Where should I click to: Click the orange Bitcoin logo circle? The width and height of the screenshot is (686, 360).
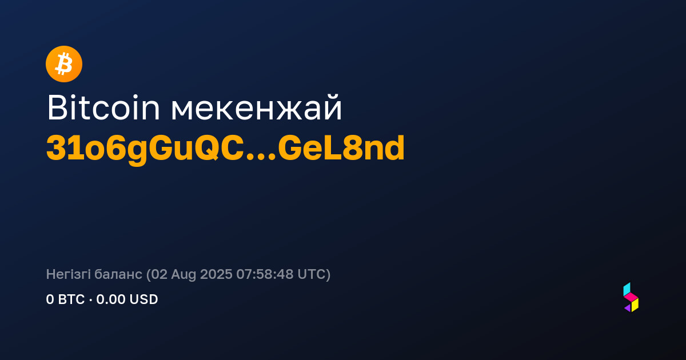[64, 64]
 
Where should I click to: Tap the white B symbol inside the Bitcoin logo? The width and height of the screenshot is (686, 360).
[63, 64]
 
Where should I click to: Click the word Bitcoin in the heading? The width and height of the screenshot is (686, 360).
[103, 107]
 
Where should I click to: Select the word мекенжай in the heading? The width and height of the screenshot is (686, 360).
[256, 107]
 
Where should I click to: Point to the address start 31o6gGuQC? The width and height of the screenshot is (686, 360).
[145, 149]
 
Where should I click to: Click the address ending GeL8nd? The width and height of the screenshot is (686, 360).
[341, 149]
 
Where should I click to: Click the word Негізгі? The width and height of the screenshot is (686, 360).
[68, 274]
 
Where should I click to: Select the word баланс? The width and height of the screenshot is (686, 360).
[118, 274]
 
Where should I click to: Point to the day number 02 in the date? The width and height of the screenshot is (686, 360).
[159, 274]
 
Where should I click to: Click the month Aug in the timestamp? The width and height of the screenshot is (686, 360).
[184, 275]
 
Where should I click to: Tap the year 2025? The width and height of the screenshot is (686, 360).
[216, 274]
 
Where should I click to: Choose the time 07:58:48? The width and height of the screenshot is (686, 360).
[265, 274]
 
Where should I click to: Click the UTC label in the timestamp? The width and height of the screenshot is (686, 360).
[311, 274]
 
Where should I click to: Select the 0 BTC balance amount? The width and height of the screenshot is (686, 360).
[65, 299]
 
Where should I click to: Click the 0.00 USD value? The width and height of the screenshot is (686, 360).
[127, 299]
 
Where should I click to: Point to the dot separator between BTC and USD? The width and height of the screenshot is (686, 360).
[90, 299]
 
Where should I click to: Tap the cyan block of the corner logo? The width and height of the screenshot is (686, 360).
[627, 289]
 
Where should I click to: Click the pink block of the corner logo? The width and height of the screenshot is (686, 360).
[631, 297]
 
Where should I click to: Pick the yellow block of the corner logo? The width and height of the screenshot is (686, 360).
[635, 305]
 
